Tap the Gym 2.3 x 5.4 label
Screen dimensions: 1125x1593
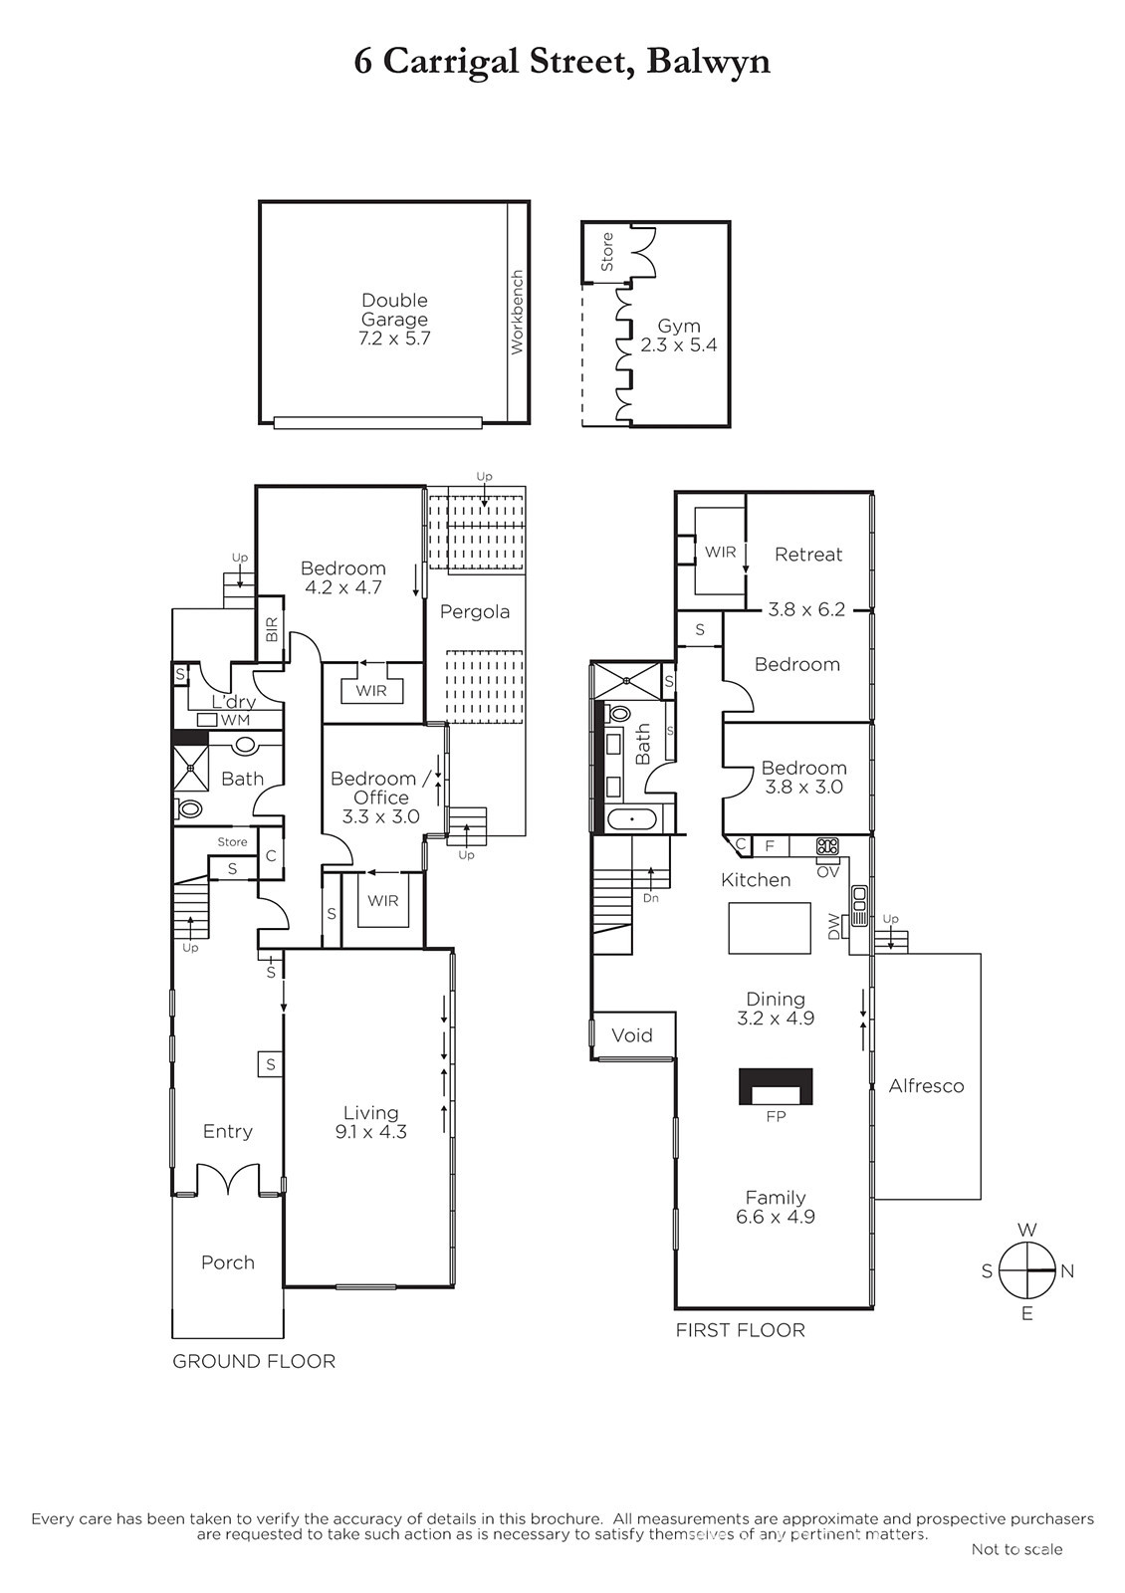(678, 336)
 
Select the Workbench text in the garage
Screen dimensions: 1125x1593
(517, 312)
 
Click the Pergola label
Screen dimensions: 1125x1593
(474, 611)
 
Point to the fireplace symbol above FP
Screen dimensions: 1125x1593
(776, 1086)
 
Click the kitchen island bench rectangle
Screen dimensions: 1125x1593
(770, 928)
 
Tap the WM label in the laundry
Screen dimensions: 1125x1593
(235, 720)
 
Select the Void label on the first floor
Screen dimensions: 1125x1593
(631, 1035)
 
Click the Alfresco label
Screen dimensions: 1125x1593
(926, 1086)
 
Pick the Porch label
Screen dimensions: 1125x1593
(228, 1262)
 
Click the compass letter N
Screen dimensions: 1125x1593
(1066, 1270)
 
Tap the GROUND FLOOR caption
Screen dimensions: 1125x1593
(254, 1361)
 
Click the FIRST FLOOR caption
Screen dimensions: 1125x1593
(741, 1330)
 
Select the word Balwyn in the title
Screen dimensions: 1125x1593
(708, 62)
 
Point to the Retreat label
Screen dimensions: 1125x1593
(807, 554)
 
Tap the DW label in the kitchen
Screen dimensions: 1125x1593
(834, 927)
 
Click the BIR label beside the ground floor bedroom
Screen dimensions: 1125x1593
(272, 629)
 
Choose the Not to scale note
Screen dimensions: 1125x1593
(1016, 1549)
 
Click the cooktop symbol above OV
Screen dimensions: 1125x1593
(827, 846)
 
